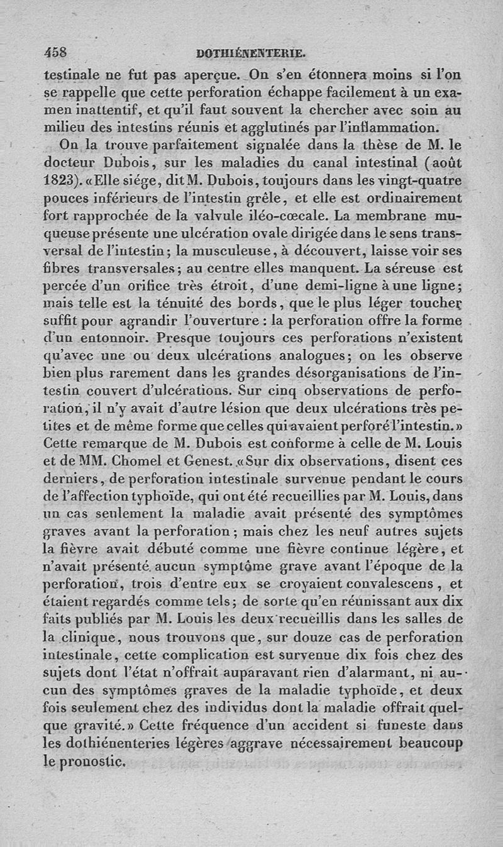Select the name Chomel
click(136, 459)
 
